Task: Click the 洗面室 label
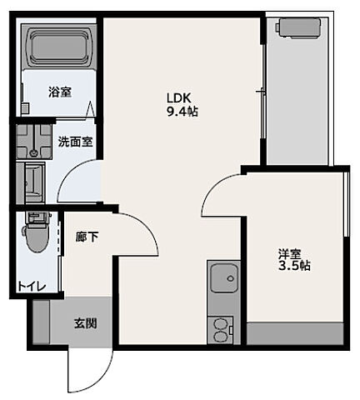click(x=75, y=141)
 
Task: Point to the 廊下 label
click(x=87, y=237)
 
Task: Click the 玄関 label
click(x=85, y=322)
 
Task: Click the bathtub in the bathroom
click(x=57, y=48)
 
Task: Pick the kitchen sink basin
click(x=222, y=277)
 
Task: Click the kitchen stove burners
click(x=222, y=327)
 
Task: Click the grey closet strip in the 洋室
click(x=295, y=332)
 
